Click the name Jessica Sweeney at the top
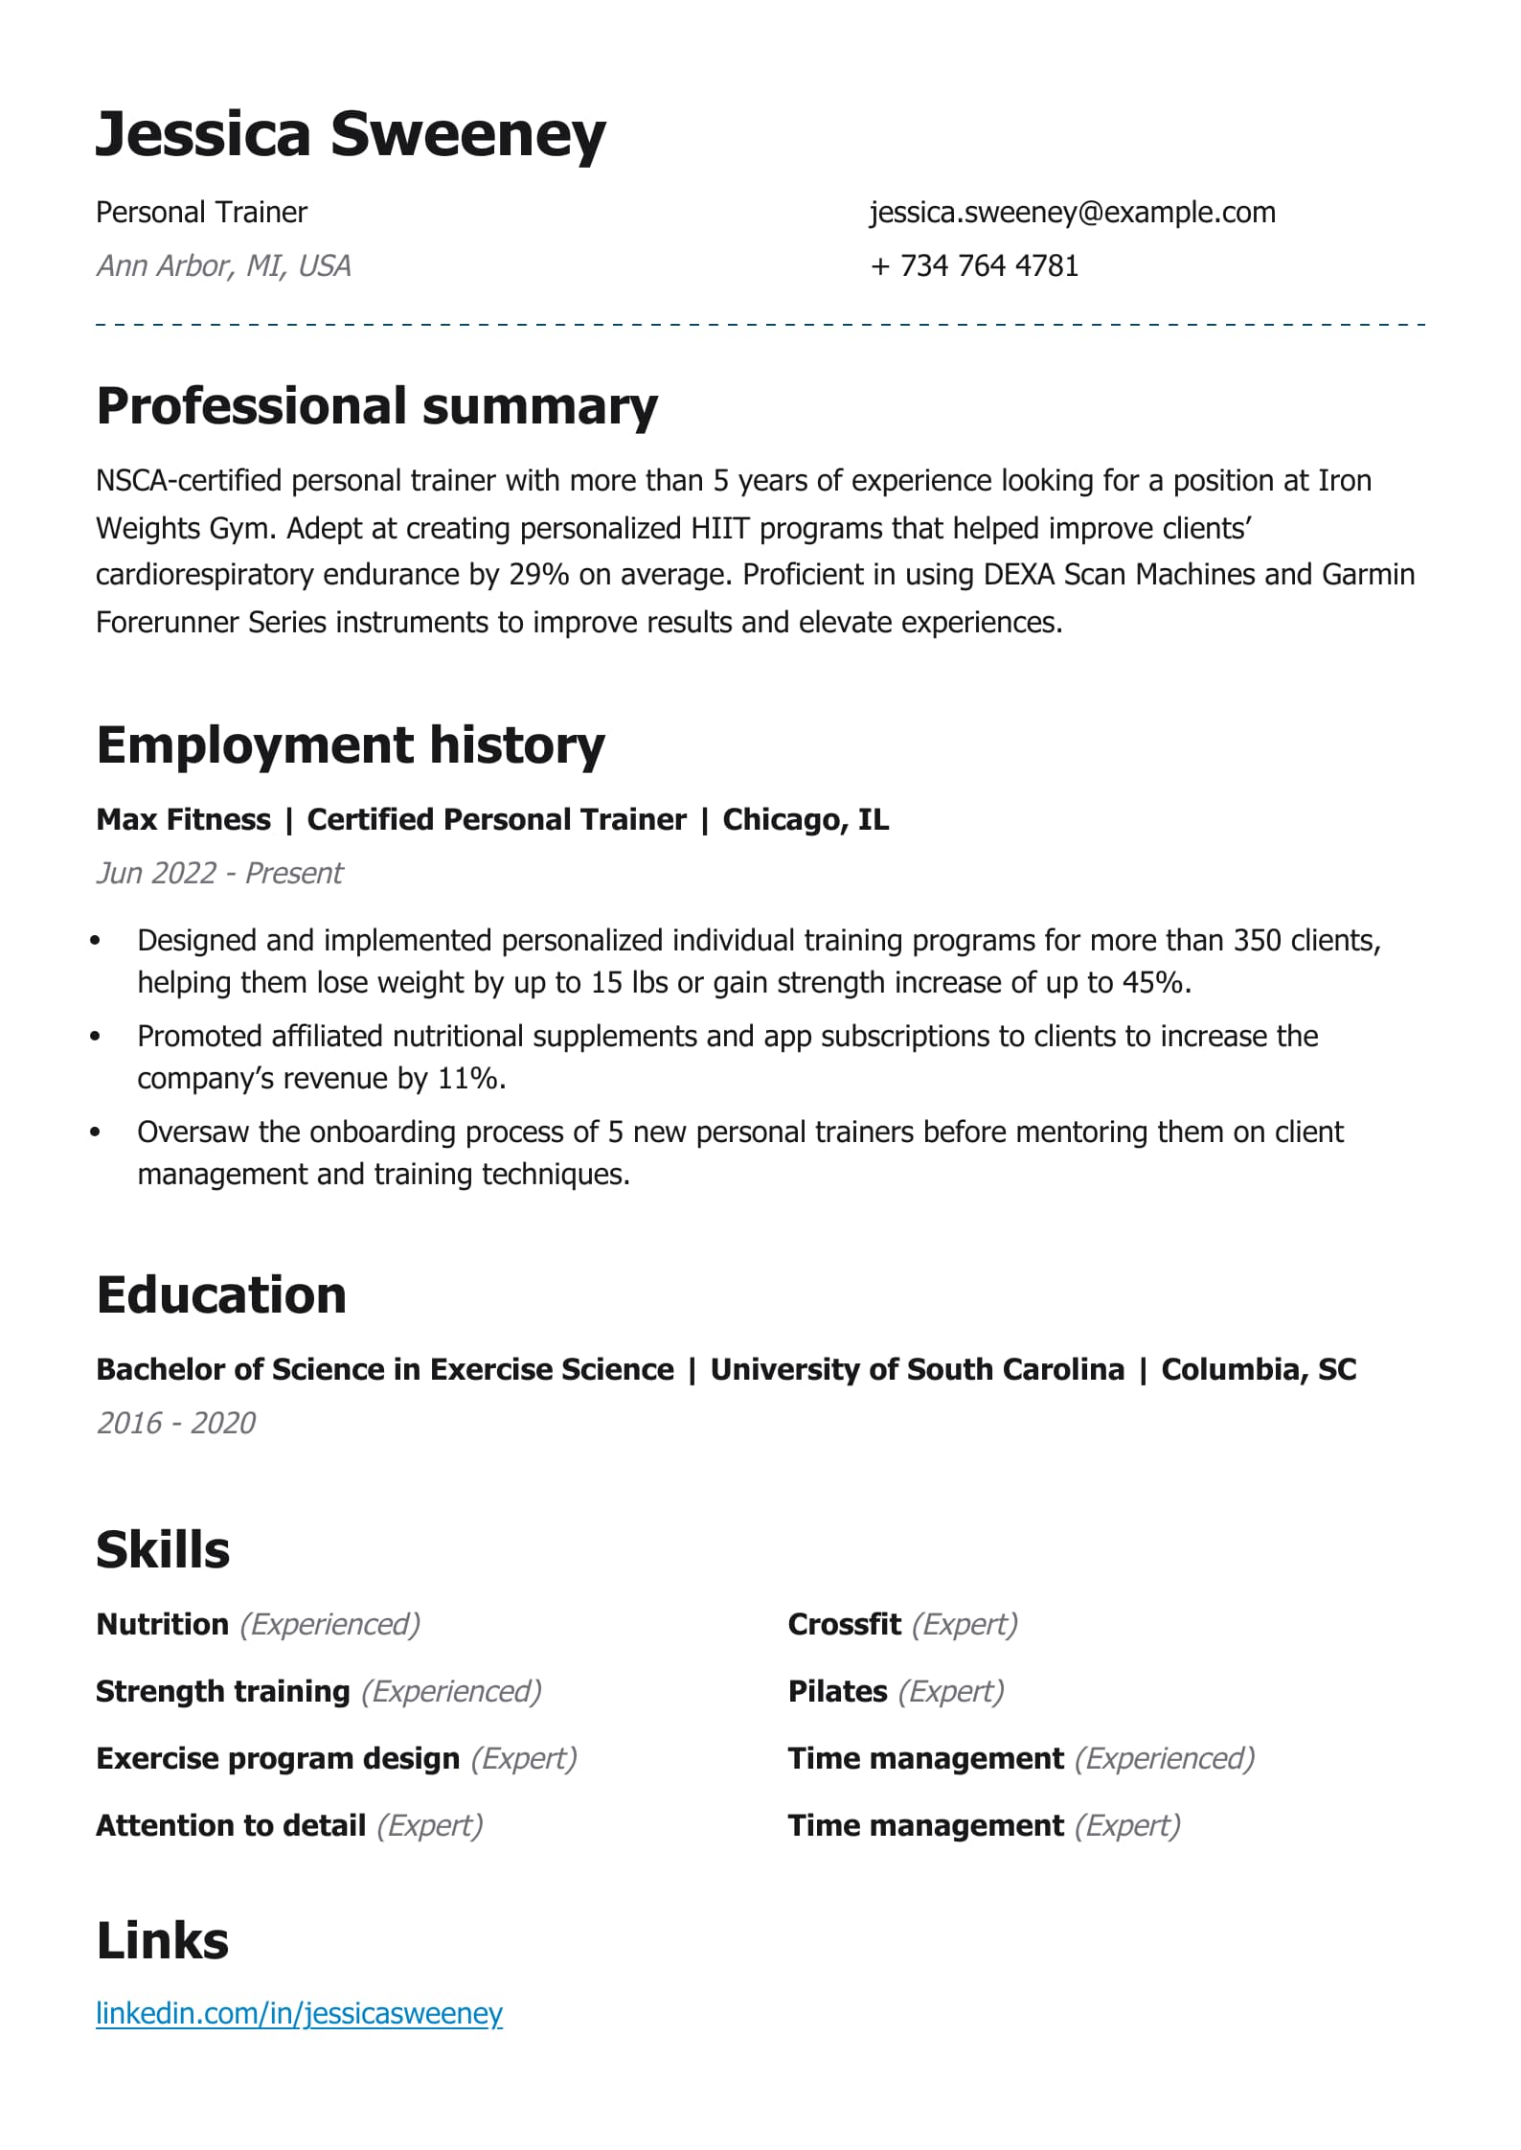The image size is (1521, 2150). [x=351, y=134]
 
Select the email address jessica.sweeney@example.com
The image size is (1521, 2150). [x=1072, y=212]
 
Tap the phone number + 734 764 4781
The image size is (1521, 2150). [x=974, y=265]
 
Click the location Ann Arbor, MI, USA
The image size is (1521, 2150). [x=223, y=265]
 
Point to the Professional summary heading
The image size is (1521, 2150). [x=376, y=405]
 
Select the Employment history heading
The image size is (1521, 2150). [x=351, y=744]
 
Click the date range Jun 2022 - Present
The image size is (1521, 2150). [x=219, y=873]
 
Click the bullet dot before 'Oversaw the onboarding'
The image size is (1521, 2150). [x=95, y=1132]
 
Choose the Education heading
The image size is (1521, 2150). [x=221, y=1295]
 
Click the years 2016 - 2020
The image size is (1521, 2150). [x=176, y=1423]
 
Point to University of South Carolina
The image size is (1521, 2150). [x=917, y=1369]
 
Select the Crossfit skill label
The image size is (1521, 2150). [x=844, y=1624]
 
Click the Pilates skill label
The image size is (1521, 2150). [x=837, y=1691]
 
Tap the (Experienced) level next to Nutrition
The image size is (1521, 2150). [x=329, y=1624]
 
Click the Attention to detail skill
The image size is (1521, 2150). [x=231, y=1825]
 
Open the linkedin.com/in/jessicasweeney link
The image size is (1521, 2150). [x=299, y=2013]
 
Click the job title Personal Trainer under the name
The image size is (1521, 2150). [x=201, y=212]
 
